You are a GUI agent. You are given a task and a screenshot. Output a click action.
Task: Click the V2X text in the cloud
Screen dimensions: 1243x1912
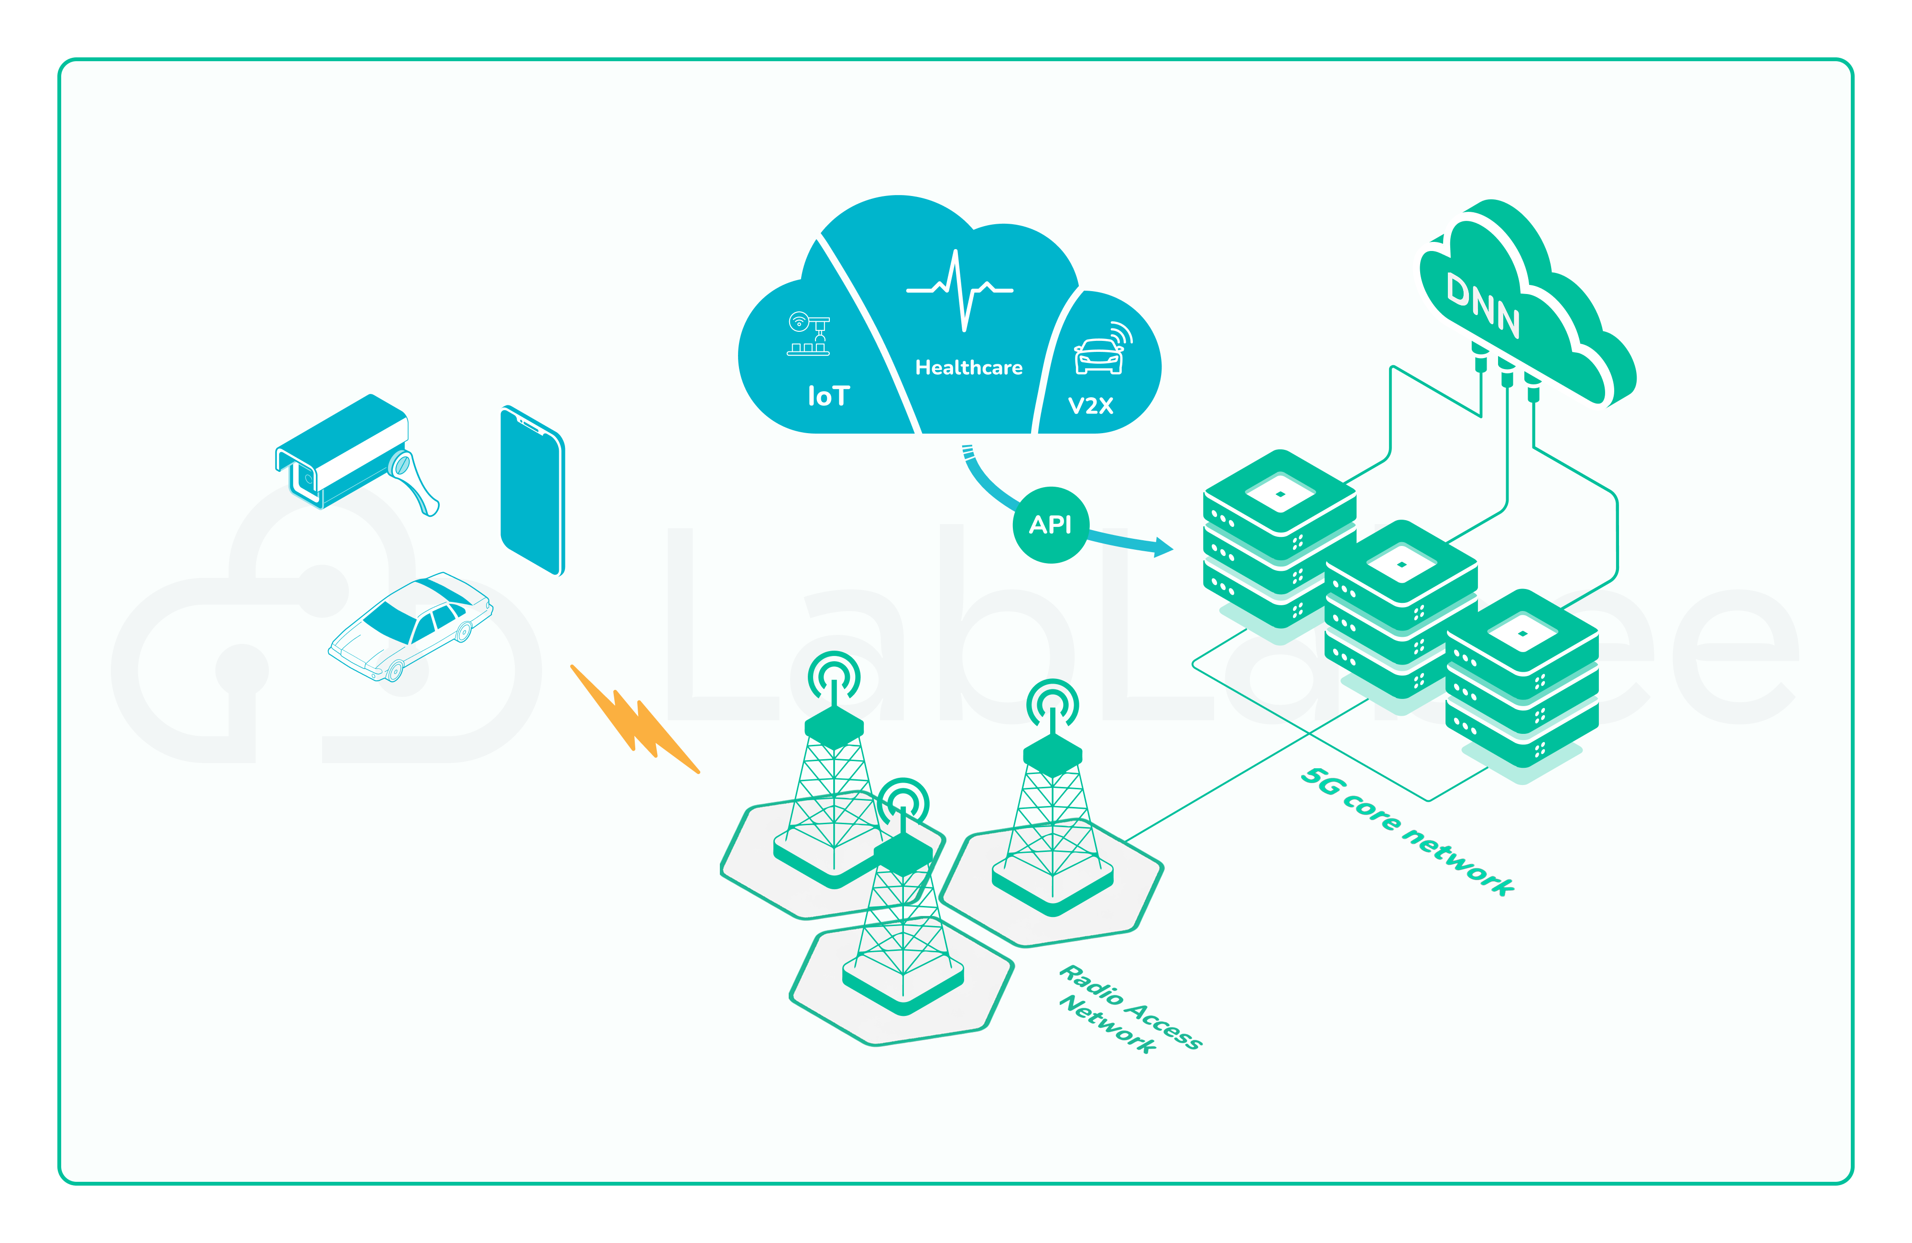[1090, 406]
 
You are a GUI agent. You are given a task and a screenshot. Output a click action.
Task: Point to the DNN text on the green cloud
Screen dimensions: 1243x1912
[1482, 305]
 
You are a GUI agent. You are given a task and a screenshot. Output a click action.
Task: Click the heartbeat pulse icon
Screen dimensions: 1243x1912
[960, 289]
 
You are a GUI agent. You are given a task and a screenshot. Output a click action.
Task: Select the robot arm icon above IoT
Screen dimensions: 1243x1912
[808, 333]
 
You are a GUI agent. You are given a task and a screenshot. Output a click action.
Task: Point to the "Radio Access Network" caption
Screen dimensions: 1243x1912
[1129, 1008]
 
